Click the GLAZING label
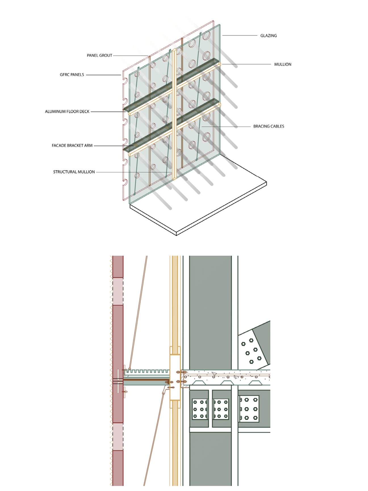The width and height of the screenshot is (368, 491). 268,36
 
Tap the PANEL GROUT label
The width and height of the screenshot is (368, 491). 99,55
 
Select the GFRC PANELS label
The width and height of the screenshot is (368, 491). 72,75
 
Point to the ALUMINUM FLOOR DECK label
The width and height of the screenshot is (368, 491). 67,112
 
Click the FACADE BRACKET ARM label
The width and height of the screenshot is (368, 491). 72,145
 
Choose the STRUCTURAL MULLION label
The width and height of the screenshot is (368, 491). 74,172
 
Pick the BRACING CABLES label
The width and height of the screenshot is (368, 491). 269,126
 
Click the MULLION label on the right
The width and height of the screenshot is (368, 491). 283,65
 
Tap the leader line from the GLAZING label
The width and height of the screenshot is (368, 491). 240,36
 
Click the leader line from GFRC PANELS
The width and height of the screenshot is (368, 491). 104,75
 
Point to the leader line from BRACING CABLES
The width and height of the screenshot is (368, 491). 227,127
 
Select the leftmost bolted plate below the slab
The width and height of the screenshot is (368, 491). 200,409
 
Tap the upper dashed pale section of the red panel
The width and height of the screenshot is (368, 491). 118,291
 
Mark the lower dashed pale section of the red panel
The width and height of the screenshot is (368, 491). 118,437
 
